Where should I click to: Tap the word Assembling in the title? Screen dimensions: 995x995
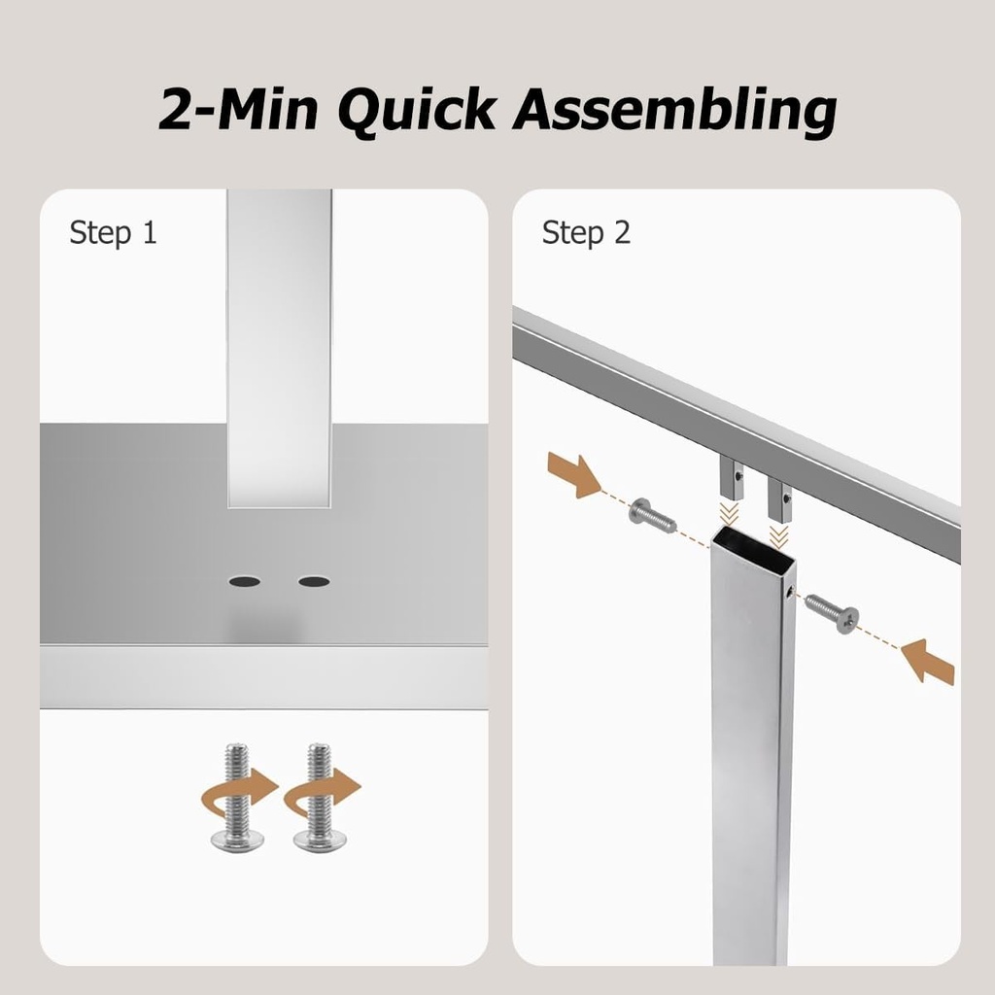point(675,110)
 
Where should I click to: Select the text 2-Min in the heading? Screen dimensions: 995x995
point(238,110)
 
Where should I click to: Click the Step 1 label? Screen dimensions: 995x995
point(113,233)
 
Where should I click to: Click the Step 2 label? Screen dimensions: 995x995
point(586,233)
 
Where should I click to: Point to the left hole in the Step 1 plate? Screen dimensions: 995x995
point(244,581)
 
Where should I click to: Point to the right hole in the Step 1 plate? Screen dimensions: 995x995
point(314,581)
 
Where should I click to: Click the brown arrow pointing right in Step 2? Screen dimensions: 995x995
point(574,475)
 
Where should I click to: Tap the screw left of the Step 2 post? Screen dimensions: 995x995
point(652,516)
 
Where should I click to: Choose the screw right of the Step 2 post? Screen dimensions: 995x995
point(832,613)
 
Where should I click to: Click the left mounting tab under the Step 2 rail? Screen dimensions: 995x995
point(733,477)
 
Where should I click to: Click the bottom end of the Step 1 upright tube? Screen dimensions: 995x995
point(279,500)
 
